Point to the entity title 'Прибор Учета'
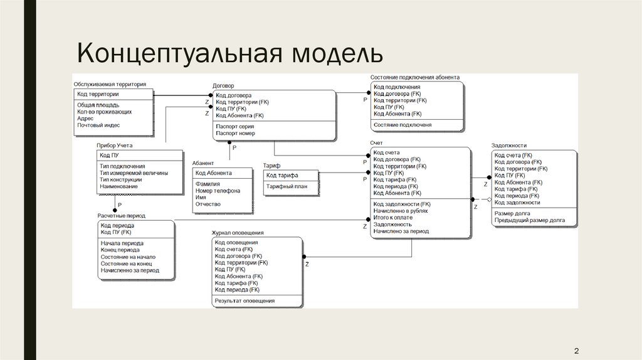coord(114,146)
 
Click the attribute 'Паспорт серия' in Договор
coord(234,126)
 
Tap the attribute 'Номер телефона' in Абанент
coord(218,191)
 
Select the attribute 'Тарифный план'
coord(287,186)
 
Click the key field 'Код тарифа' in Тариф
coord(282,175)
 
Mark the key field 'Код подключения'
coord(397,87)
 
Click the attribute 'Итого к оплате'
coord(393,217)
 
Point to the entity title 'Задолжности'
coord(509,146)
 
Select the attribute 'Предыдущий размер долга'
coord(530,221)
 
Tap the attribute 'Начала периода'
coord(122,243)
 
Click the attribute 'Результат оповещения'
coord(245,301)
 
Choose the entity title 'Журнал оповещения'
coord(238,233)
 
